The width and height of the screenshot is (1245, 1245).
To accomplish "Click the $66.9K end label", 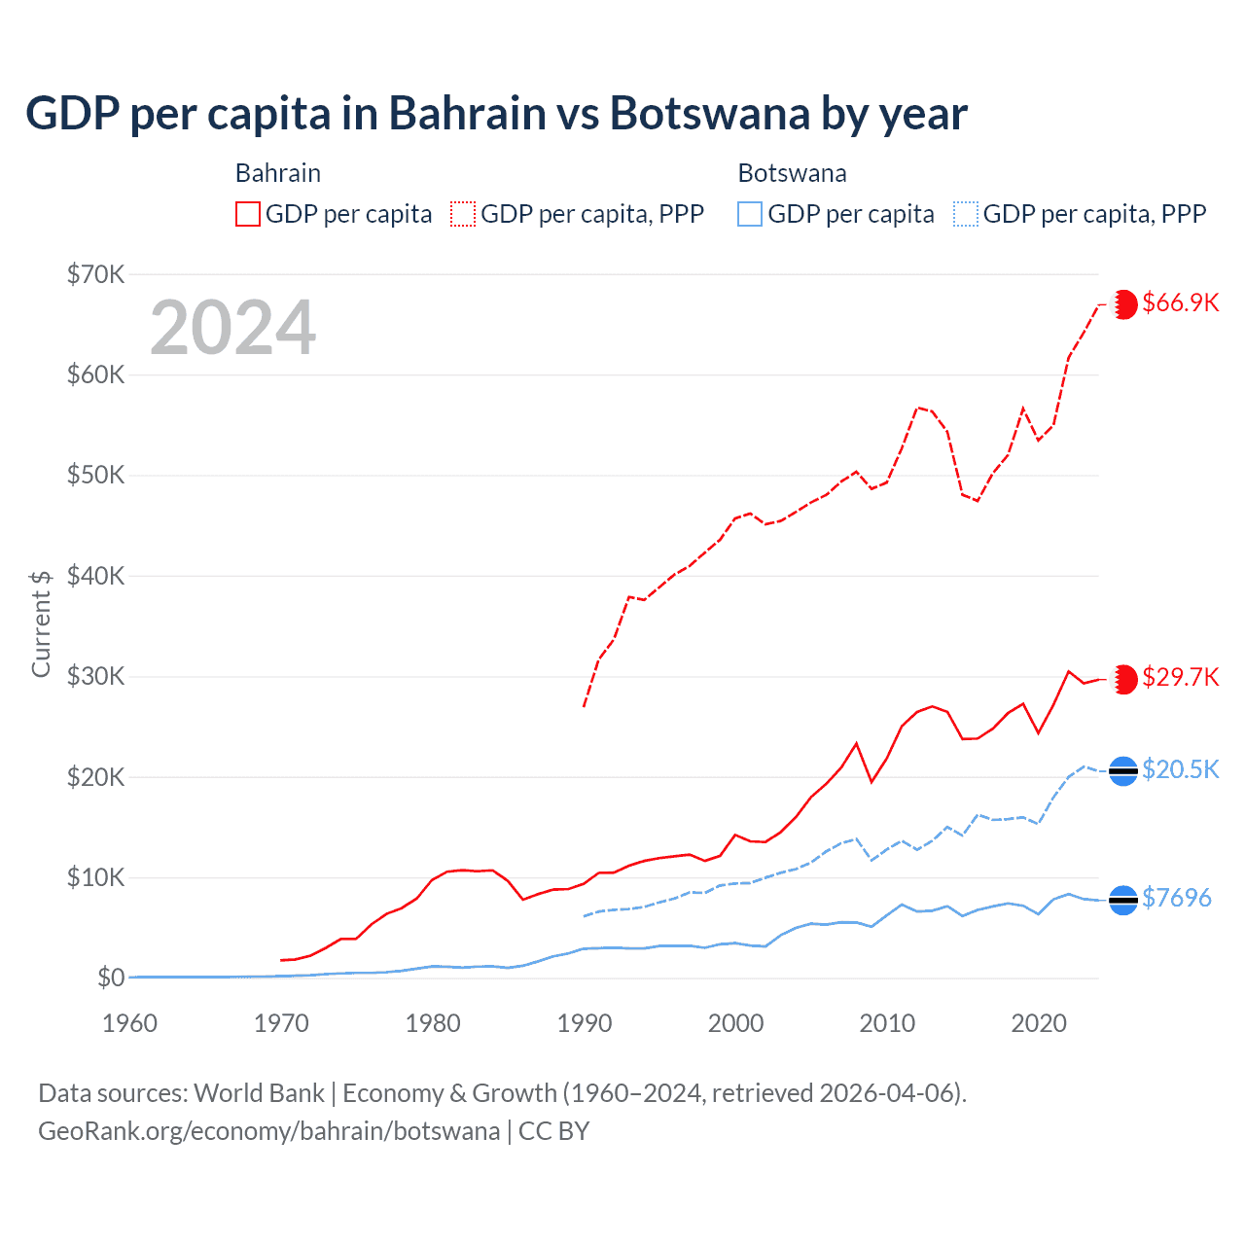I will coord(1180,302).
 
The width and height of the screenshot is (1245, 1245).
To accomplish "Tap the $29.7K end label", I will coord(1180,677).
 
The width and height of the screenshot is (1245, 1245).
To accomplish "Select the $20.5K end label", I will coord(1180,769).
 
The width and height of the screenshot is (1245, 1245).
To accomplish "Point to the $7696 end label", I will coord(1176,898).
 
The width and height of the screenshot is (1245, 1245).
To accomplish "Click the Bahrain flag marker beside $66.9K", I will coord(1124,304).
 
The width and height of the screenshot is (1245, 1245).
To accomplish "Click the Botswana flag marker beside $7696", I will coord(1123,901).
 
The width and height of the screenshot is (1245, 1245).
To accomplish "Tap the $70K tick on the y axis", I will coord(95,274).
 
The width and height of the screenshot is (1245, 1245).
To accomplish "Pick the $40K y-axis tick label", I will coord(95,576).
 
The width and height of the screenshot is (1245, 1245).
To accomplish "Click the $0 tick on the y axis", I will coord(111,978).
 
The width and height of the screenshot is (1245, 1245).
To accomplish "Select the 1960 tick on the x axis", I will coord(129,1023).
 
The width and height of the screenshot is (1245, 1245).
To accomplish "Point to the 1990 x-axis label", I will coord(585,1023).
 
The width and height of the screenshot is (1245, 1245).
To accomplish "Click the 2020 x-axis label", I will coord(1039,1023).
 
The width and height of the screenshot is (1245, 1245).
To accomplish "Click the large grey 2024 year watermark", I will coord(232,328).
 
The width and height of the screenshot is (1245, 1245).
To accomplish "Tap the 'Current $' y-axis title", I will coord(41,623).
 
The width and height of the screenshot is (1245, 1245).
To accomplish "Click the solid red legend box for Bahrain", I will coord(248,214).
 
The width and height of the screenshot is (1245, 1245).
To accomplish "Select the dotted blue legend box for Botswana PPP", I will coord(966,214).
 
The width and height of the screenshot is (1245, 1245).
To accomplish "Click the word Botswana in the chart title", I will coord(709,113).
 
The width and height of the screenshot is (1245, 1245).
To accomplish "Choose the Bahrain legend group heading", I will coord(277,173).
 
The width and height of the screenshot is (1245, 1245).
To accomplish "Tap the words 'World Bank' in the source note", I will coord(259,1093).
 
